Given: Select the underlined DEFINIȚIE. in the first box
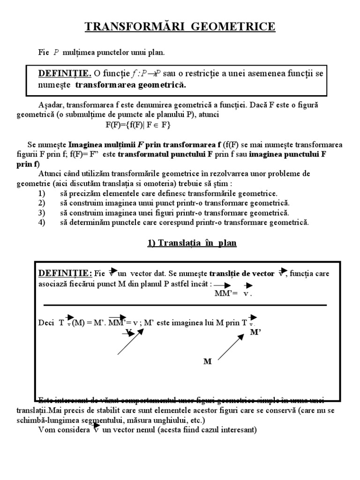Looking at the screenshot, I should click(x=64, y=74).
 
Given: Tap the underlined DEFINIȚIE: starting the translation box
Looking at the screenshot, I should click(x=64, y=273).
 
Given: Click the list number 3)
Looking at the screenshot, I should click(x=41, y=213).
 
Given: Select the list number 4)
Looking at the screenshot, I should click(x=41, y=222).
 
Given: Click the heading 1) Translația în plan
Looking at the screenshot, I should click(x=189, y=243).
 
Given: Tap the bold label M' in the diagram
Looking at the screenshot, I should click(x=255, y=331).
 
